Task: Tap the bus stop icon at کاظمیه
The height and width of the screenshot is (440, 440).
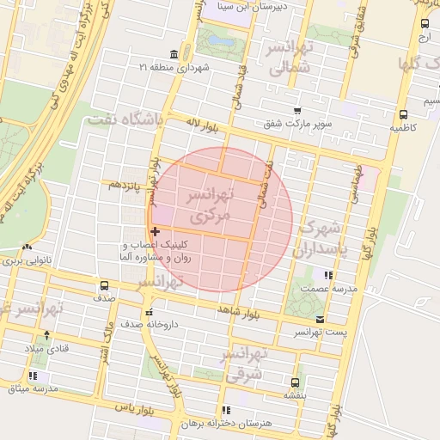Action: point(403,113)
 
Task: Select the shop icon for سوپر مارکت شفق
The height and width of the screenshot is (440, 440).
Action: point(297,111)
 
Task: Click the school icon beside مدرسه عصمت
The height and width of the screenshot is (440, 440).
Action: point(327,275)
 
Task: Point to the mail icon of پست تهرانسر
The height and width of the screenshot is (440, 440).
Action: point(321,318)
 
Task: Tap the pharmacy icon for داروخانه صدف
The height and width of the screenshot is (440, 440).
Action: point(150,313)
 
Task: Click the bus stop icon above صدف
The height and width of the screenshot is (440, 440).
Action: point(104,286)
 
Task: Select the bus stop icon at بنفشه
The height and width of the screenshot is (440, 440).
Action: point(296,382)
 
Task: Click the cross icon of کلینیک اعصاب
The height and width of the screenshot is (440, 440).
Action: point(155,231)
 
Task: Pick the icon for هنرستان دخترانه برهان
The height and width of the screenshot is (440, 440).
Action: point(226,411)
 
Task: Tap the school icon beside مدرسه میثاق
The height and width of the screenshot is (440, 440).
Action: point(33,376)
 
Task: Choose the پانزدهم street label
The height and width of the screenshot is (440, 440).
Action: point(125,185)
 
